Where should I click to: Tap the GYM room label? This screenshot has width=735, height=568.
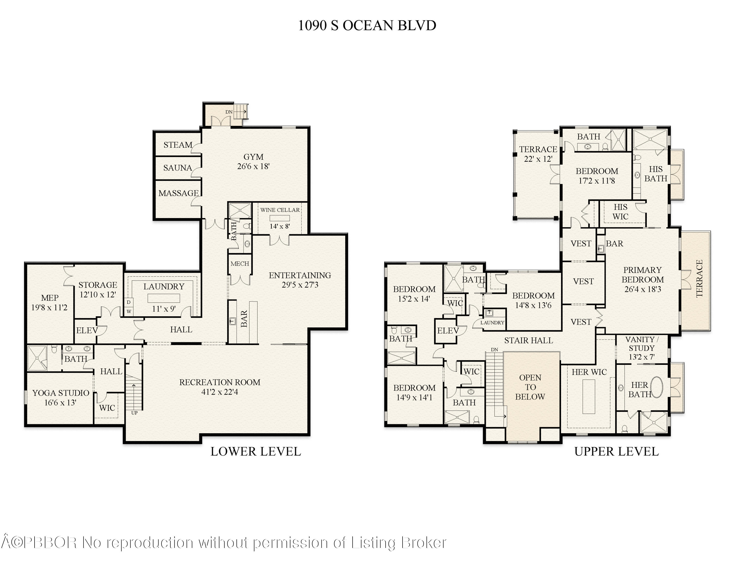(x=253, y=157)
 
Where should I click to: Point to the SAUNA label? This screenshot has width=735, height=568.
(x=177, y=168)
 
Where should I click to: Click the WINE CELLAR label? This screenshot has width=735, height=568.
(x=280, y=210)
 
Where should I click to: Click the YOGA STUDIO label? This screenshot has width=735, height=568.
(x=61, y=393)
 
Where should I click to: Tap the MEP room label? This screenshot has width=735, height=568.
(x=49, y=298)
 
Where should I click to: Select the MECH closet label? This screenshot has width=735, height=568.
(x=240, y=264)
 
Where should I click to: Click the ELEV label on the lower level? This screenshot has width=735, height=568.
(x=86, y=331)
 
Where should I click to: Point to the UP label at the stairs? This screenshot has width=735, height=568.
(x=134, y=413)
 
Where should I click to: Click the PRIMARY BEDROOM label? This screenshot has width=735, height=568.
(x=642, y=275)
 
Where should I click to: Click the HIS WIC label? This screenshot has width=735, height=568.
(x=620, y=212)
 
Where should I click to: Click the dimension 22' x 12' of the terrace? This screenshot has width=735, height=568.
(x=538, y=159)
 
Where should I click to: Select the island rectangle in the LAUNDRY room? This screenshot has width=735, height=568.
(x=164, y=298)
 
